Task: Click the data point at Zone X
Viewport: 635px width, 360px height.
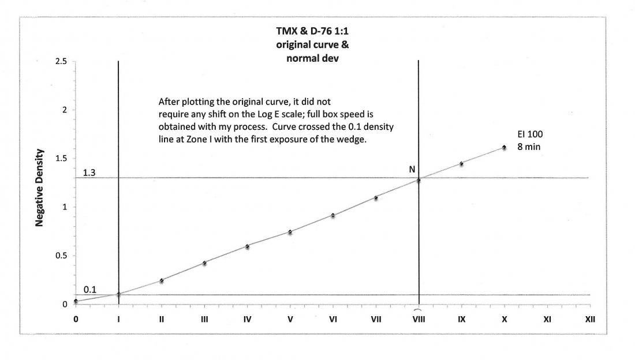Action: click(504, 148)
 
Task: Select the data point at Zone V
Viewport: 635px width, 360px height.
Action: click(290, 232)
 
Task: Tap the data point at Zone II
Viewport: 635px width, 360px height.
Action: click(162, 281)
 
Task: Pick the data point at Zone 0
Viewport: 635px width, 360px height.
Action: click(76, 301)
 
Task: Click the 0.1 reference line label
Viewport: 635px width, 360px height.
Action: click(90, 290)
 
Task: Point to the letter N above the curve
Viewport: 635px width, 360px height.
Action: click(412, 169)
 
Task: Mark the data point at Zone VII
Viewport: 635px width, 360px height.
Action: click(376, 198)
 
